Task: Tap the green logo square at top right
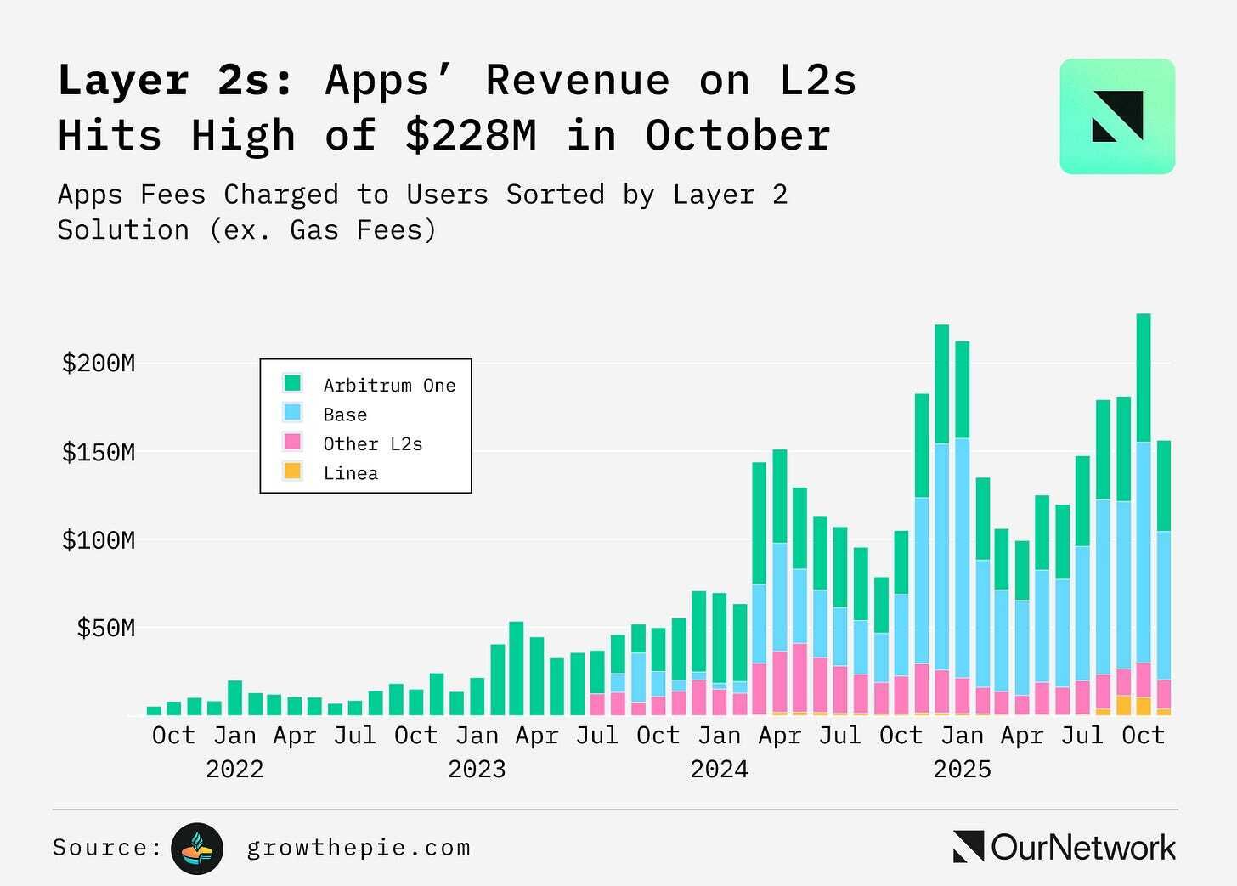[1116, 116]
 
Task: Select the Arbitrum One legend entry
[389, 386]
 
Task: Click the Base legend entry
[345, 415]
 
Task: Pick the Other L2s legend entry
[372, 444]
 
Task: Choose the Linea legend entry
[350, 474]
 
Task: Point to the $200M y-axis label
[99, 364]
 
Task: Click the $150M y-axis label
[99, 452]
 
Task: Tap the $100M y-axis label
[99, 540]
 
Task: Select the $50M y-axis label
[106, 629]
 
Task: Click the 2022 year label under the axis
[234, 770]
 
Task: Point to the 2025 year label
[962, 770]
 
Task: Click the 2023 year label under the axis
[477, 770]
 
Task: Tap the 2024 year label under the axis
[719, 770]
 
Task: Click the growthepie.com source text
[358, 848]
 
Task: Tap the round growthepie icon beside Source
[197, 849]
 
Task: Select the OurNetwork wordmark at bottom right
[1065, 848]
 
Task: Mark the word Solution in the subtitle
[123, 230]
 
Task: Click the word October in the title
[737, 136]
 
